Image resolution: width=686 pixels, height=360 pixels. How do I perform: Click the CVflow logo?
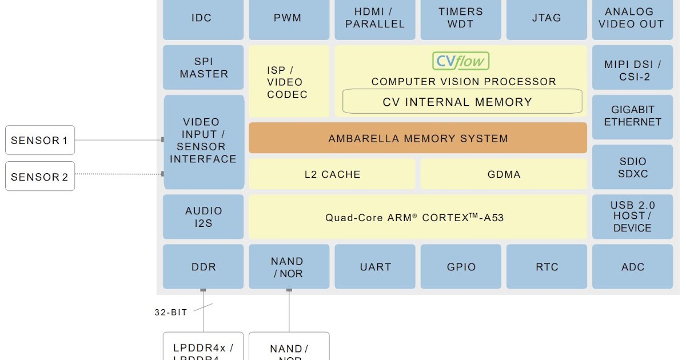pyautogui.click(x=461, y=61)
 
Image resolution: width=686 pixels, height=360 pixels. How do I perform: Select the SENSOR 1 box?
pyautogui.click(x=40, y=140)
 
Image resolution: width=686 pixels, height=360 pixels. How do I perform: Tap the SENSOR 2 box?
pyautogui.click(x=40, y=177)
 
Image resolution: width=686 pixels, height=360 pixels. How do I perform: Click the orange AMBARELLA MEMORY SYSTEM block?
pyautogui.click(x=418, y=138)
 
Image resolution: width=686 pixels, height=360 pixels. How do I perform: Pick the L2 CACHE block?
pyautogui.click(x=332, y=174)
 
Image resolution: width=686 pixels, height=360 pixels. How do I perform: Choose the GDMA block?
pyautogui.click(x=504, y=174)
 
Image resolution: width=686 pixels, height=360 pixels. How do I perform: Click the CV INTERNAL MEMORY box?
pyautogui.click(x=462, y=102)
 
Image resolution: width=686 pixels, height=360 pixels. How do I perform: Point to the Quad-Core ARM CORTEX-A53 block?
pyautogui.click(x=418, y=217)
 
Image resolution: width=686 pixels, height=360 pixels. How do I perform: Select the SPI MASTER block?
pyautogui.click(x=204, y=68)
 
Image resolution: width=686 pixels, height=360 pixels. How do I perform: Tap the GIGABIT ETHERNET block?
pyautogui.click(x=632, y=116)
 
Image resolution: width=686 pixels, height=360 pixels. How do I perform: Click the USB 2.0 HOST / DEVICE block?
pyautogui.click(x=632, y=217)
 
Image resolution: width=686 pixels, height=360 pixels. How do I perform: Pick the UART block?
pyautogui.click(x=375, y=267)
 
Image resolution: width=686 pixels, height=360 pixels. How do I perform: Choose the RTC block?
pyautogui.click(x=547, y=267)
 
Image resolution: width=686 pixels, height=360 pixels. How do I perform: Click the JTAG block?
pyautogui.click(x=547, y=18)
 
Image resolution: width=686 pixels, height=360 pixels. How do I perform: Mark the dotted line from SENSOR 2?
pyautogui.click(x=118, y=174)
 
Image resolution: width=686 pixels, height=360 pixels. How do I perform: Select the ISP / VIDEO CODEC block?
pyautogui.click(x=289, y=82)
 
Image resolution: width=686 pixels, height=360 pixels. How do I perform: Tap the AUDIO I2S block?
pyautogui.click(x=204, y=217)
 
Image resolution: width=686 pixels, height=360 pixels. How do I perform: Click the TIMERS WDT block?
pyautogui.click(x=461, y=18)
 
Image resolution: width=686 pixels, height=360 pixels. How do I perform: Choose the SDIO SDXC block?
pyautogui.click(x=632, y=167)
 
